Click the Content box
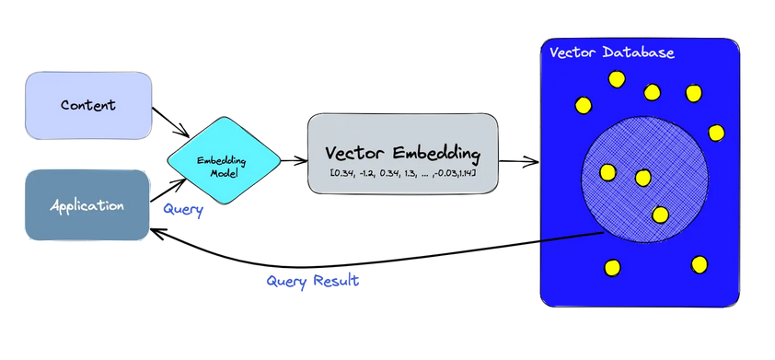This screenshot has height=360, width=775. coord(88,105)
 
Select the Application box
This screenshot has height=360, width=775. coord(87,205)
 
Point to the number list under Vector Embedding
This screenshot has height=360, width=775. coord(402,173)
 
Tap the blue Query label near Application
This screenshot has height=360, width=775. coord(183,210)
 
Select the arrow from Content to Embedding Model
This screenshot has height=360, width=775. coord(171,120)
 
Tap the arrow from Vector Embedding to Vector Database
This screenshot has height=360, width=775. coord(518,162)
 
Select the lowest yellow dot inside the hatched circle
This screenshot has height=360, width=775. coord(660,215)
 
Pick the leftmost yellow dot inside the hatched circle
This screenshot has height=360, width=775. coord(607,171)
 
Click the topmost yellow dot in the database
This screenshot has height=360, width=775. coord(617,79)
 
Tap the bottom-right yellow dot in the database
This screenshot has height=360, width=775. coord(700,264)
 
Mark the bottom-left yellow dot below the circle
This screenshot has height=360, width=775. coord(612,268)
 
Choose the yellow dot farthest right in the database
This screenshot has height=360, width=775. coord(716,133)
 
